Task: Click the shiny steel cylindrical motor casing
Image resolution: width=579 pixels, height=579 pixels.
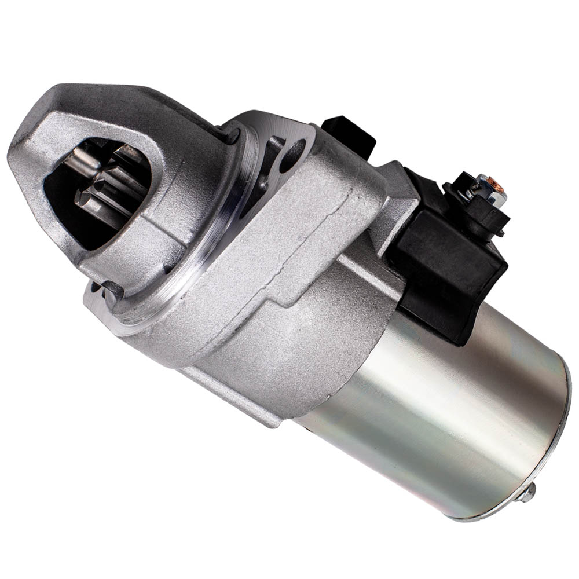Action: click(440, 405)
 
